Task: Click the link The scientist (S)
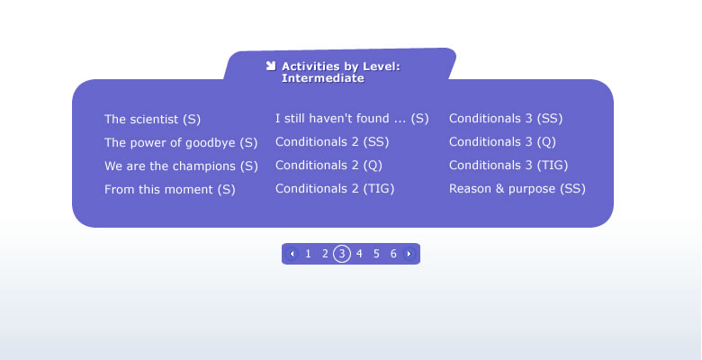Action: coord(152,119)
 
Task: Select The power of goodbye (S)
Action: coord(181,142)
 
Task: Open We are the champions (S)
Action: coord(181,166)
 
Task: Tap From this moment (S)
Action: coord(170,189)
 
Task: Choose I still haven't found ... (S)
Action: coord(352,118)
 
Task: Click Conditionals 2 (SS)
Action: coord(332,141)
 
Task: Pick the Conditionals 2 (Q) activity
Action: coord(328,165)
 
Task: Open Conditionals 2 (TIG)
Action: coord(335,188)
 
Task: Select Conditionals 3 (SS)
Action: coord(506,118)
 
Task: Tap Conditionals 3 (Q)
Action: coord(502,141)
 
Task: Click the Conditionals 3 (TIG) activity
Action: coord(508,165)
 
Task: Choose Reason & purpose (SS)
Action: coord(517,188)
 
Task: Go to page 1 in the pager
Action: coord(308,254)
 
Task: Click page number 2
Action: coord(325,254)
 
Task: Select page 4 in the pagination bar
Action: coord(359,254)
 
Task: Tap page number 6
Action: coord(393,254)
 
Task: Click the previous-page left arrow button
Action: coord(292,254)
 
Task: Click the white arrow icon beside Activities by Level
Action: coord(270,66)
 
